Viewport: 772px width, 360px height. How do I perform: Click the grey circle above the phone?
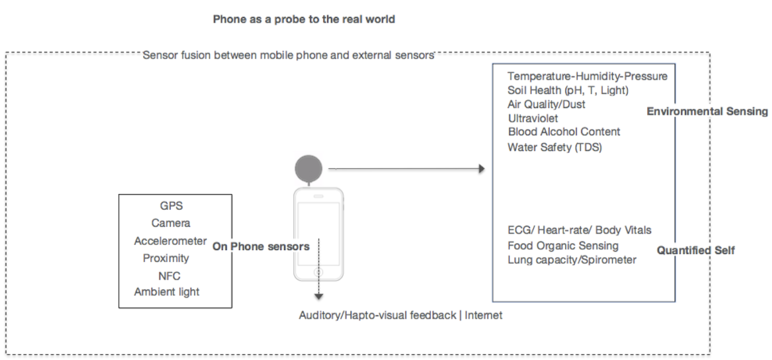click(308, 169)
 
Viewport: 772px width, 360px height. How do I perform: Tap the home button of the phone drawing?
click(319, 272)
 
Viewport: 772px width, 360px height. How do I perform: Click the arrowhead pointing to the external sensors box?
click(481, 169)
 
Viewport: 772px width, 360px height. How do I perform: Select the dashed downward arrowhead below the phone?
click(319, 297)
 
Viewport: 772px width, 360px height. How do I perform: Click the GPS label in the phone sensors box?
click(171, 206)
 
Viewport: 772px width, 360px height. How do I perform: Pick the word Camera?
click(171, 223)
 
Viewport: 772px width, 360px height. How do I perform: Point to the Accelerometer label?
click(170, 241)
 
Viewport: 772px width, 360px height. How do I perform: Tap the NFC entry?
click(169, 276)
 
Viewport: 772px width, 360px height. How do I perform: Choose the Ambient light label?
click(167, 292)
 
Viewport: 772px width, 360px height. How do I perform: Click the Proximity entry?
click(166, 258)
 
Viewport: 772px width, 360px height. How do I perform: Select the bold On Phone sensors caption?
click(261, 247)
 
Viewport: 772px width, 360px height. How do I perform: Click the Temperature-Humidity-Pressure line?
click(587, 76)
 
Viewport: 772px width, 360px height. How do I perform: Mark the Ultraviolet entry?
click(533, 118)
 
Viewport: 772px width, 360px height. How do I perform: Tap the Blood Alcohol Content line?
click(564, 132)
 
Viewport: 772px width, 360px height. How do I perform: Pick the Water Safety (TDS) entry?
click(554, 147)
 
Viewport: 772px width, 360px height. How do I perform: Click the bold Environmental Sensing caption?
click(707, 111)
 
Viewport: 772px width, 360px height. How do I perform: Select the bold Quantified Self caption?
click(695, 250)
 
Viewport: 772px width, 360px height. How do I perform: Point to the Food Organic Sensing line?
click(563, 246)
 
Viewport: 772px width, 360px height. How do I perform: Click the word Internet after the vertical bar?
click(483, 315)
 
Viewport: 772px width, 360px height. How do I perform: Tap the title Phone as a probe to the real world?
click(304, 19)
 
